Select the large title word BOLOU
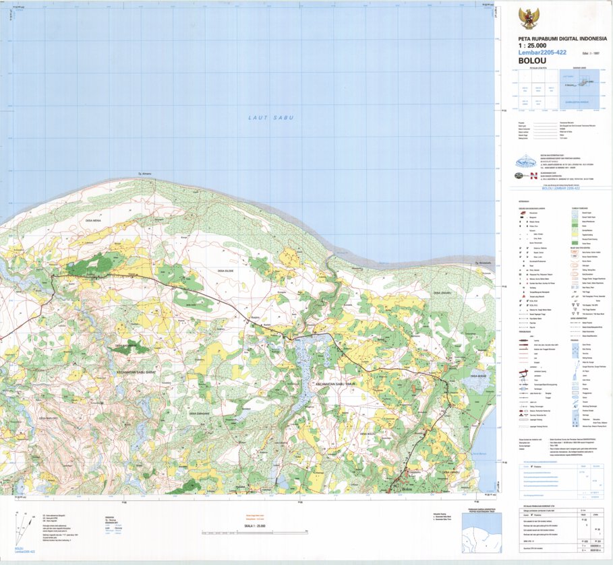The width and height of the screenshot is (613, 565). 531,60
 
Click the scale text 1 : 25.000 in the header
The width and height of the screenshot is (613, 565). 532,45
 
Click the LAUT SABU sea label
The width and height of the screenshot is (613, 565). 267,118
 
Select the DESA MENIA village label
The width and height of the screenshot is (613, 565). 90,220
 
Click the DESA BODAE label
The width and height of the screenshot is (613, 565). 477,376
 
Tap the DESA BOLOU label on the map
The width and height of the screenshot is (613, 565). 368,434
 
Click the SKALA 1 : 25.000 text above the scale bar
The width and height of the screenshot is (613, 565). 254,525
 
